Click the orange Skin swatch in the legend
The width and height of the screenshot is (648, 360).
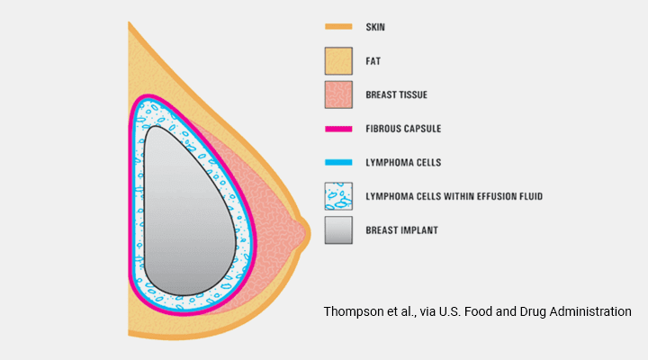click(338, 27)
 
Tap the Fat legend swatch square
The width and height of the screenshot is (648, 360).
click(338, 61)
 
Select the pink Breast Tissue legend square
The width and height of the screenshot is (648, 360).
click(338, 94)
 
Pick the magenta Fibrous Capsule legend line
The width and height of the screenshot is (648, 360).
click(338, 129)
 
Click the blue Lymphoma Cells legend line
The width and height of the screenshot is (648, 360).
click(338, 162)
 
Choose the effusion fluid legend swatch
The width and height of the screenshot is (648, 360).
click(338, 196)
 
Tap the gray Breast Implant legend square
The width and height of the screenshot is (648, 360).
click(338, 230)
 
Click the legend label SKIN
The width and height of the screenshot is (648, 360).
click(375, 27)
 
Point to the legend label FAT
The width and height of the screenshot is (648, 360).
click(373, 61)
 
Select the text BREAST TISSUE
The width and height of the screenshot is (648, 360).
click(396, 95)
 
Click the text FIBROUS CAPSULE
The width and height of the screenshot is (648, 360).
click(403, 129)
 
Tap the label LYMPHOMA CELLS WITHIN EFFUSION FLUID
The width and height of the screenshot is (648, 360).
click(454, 196)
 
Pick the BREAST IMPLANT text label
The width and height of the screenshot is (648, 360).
click(401, 230)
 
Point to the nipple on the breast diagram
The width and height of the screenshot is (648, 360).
click(305, 234)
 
